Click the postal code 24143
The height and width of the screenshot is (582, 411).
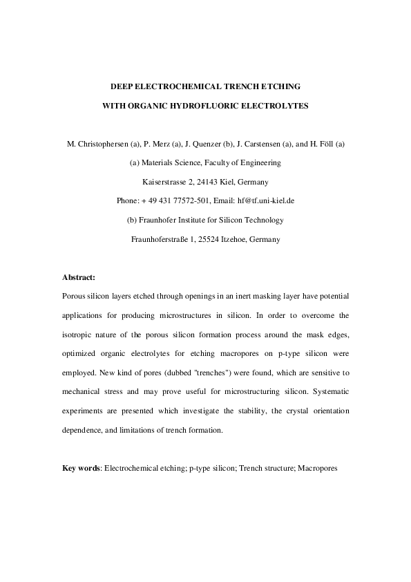coord(215,182)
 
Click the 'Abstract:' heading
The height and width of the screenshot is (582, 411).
coord(79,277)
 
